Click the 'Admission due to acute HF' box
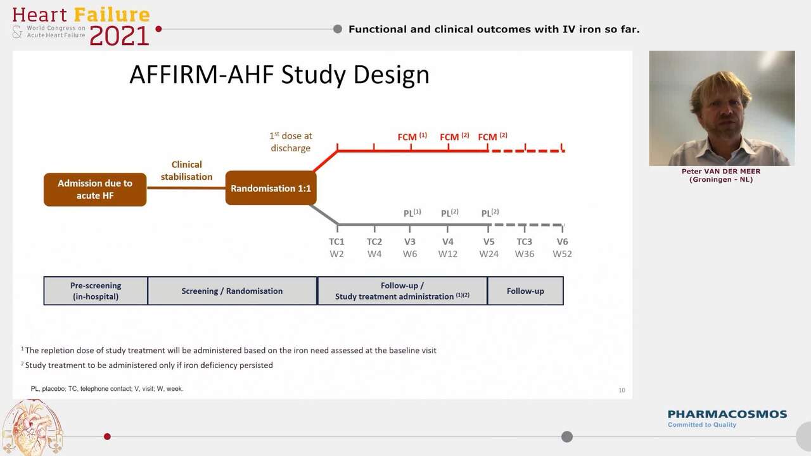(x=95, y=189)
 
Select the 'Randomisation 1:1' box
(x=271, y=188)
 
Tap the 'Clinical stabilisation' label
(x=186, y=170)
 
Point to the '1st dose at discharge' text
(x=291, y=142)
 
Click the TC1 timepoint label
(x=336, y=241)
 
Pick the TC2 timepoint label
(x=374, y=241)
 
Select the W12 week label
(x=448, y=254)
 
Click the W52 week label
(x=562, y=254)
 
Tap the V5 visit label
(x=489, y=241)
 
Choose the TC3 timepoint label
(x=524, y=241)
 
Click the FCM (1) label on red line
(x=412, y=137)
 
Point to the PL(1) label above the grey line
(x=412, y=213)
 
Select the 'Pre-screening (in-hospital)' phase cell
(x=96, y=291)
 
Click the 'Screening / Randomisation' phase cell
(x=232, y=291)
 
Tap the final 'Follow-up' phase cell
(x=525, y=291)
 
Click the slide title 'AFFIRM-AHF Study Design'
(x=279, y=75)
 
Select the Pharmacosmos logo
(x=727, y=417)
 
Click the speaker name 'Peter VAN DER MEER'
(x=721, y=171)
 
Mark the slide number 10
(x=622, y=390)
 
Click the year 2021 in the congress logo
(x=119, y=35)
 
